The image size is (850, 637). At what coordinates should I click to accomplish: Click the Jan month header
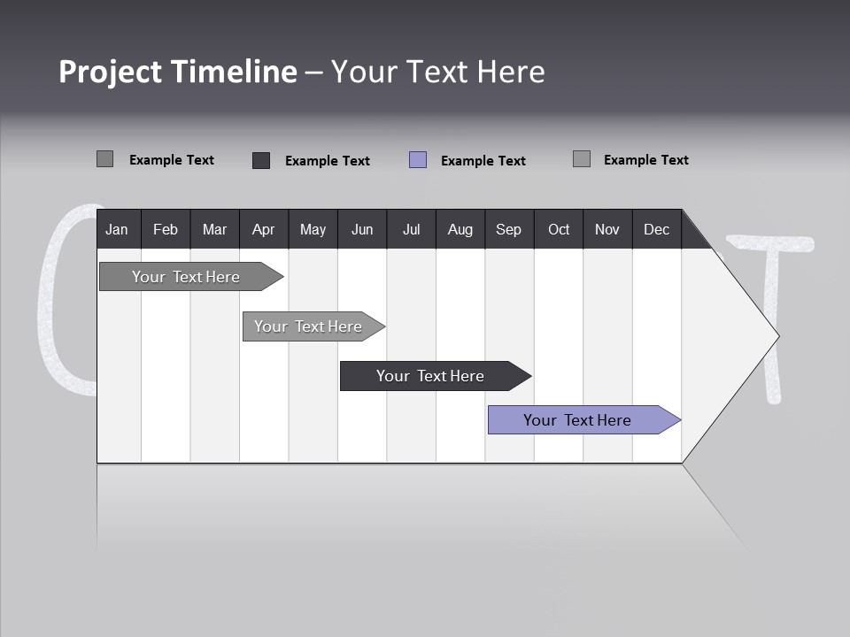[118, 229]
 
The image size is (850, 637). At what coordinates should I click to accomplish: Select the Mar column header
[214, 229]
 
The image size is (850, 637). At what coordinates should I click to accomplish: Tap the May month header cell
[313, 229]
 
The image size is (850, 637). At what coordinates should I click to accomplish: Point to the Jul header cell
[411, 229]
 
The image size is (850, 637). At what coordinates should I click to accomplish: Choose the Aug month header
[460, 229]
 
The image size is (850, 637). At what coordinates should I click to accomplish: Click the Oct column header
[558, 229]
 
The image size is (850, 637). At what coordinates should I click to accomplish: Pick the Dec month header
[656, 229]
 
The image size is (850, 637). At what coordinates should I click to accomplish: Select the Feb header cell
[166, 229]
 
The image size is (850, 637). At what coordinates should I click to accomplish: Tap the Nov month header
[607, 229]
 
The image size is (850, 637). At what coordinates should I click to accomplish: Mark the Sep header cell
[508, 229]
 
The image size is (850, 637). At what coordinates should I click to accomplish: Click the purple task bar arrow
[583, 420]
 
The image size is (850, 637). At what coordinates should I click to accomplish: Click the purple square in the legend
[418, 160]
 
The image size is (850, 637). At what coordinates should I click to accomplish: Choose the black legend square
[261, 160]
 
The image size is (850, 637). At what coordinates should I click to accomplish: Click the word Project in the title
[110, 72]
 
